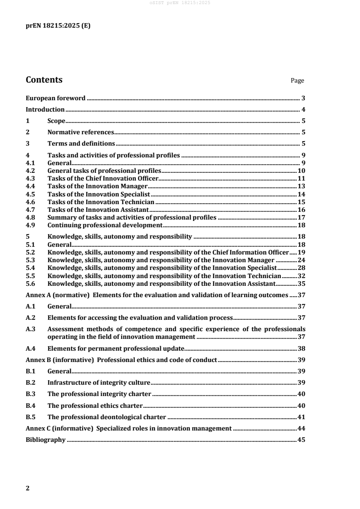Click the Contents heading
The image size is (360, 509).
44,80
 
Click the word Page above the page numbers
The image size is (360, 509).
297,81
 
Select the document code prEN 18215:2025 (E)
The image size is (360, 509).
58,26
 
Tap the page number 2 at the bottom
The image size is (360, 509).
28,488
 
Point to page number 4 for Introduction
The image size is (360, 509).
303,109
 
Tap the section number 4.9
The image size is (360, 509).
30,225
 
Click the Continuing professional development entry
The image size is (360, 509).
105,225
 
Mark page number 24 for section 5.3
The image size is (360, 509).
301,260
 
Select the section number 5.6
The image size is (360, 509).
30,283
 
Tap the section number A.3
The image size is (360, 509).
30,328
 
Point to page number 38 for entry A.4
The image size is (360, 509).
301,348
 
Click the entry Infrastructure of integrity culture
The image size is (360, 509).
99,382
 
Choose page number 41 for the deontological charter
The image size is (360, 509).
301,416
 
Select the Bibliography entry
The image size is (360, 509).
46,440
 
